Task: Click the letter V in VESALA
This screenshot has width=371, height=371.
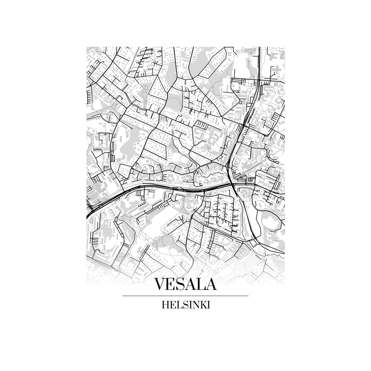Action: tap(160, 284)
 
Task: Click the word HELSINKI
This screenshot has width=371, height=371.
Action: tap(186, 305)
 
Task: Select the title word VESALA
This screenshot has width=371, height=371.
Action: tap(185, 284)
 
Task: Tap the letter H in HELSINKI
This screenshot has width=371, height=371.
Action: tap(165, 305)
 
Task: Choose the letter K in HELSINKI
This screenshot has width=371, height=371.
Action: tap(202, 305)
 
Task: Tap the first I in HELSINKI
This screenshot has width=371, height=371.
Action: tap(189, 305)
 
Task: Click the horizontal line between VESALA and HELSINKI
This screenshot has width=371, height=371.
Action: tap(185, 296)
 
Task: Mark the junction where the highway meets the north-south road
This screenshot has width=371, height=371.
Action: tap(232, 183)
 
